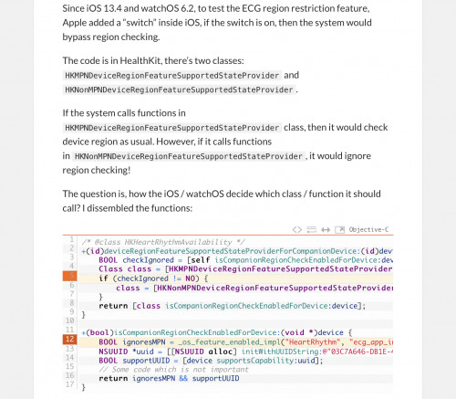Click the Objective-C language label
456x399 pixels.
(368, 229)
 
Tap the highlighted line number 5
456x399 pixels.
(69, 276)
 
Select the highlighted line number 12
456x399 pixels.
(69, 340)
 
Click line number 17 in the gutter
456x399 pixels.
(70, 384)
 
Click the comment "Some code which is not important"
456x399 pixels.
(162, 369)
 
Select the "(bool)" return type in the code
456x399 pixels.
(99, 331)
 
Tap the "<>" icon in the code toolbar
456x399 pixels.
(297, 229)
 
